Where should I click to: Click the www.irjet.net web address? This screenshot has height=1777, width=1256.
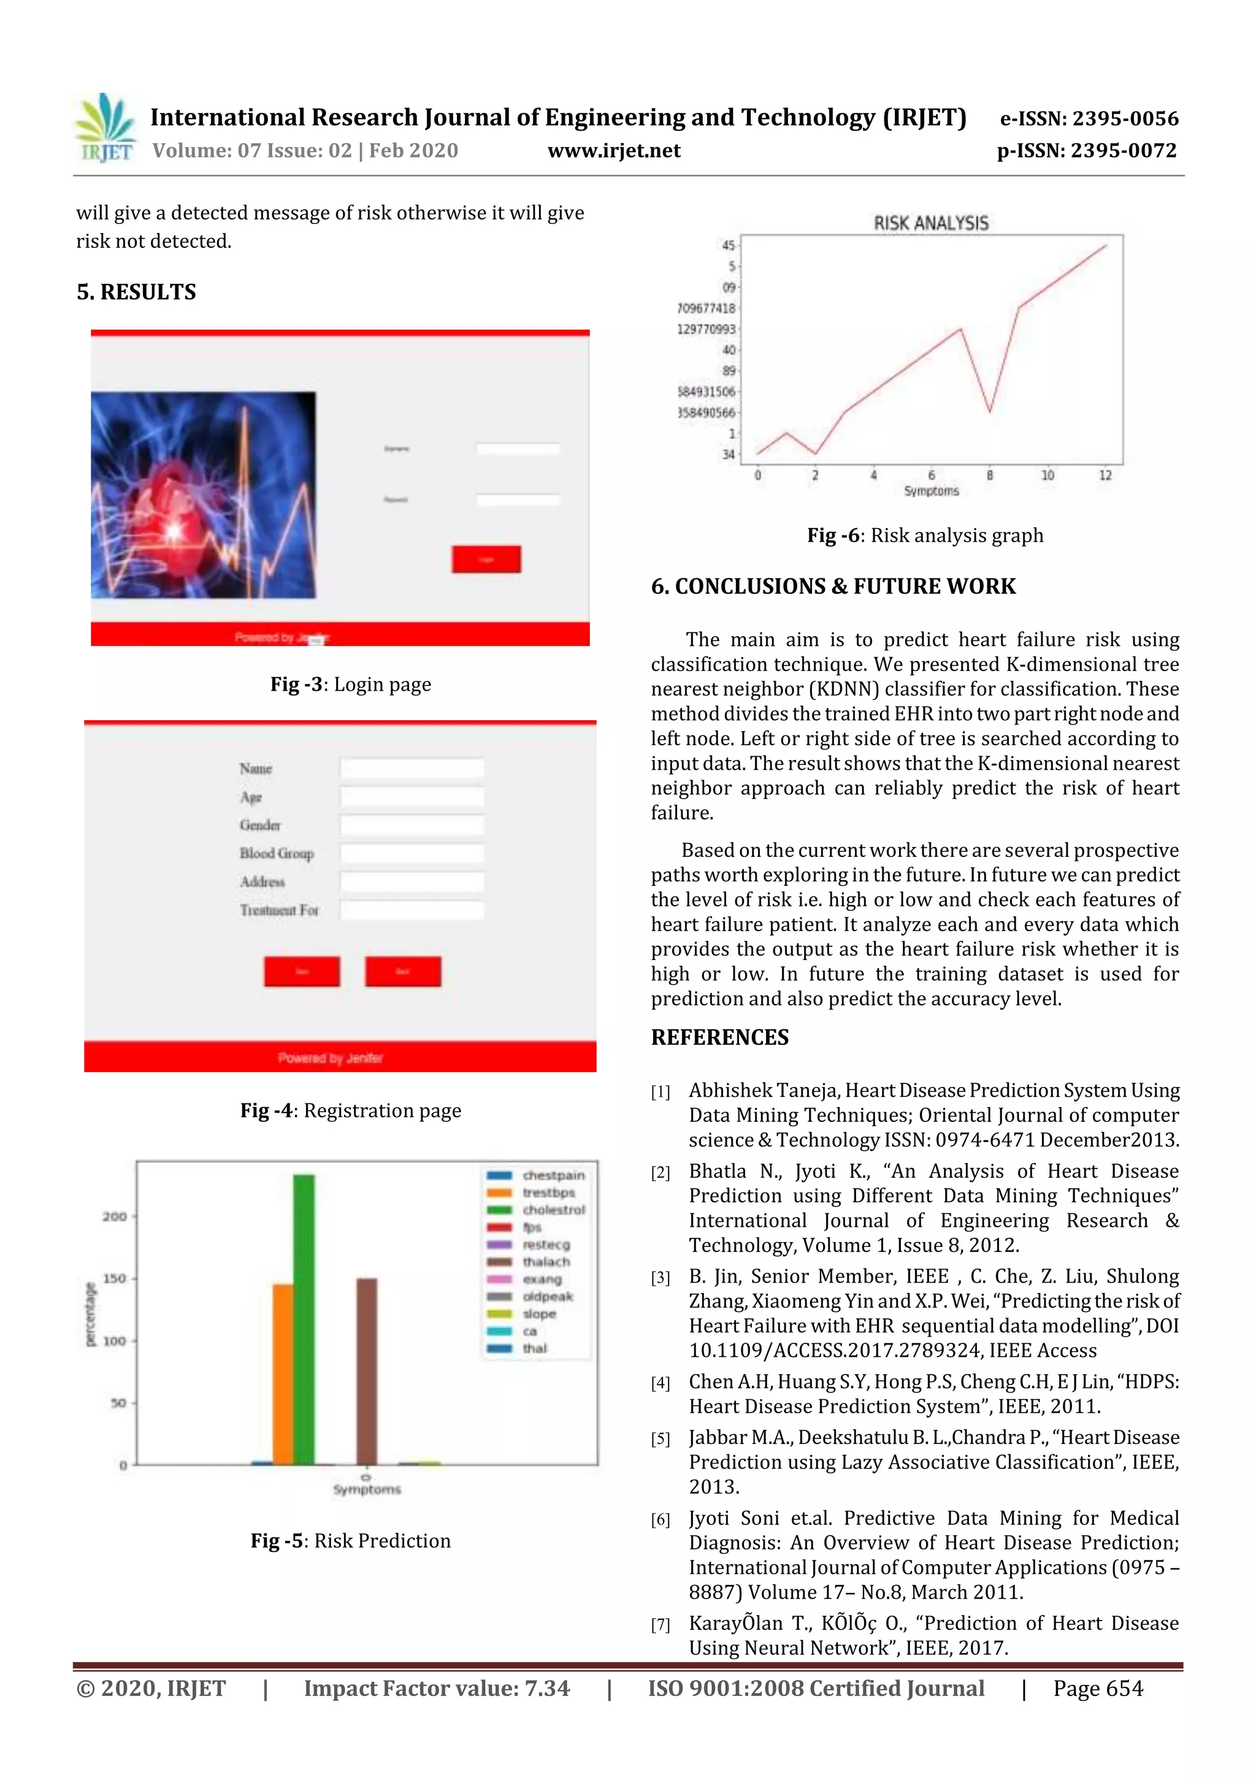click(x=614, y=151)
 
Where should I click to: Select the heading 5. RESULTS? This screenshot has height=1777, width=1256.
click(x=136, y=292)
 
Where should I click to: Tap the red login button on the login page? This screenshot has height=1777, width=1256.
click(x=486, y=559)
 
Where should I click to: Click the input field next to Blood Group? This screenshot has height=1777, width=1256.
click(x=412, y=853)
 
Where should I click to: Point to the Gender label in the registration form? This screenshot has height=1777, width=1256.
click(x=260, y=825)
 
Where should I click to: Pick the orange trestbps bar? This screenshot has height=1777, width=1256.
click(x=283, y=1374)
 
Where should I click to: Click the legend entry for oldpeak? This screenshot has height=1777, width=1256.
click(x=547, y=1296)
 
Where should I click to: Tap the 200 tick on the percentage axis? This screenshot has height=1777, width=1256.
click(x=115, y=1216)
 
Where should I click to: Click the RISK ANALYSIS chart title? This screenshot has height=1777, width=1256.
click(x=931, y=223)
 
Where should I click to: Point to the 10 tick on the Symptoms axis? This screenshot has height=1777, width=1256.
click(x=1047, y=475)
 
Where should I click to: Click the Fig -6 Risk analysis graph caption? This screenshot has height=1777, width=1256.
click(x=925, y=535)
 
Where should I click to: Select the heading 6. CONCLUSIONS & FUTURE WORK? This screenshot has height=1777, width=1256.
click(x=833, y=586)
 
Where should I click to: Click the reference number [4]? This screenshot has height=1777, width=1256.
click(x=660, y=1383)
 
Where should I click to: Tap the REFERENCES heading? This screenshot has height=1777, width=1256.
click(x=720, y=1037)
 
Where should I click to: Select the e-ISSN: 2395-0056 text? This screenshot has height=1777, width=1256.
click(x=1089, y=118)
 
